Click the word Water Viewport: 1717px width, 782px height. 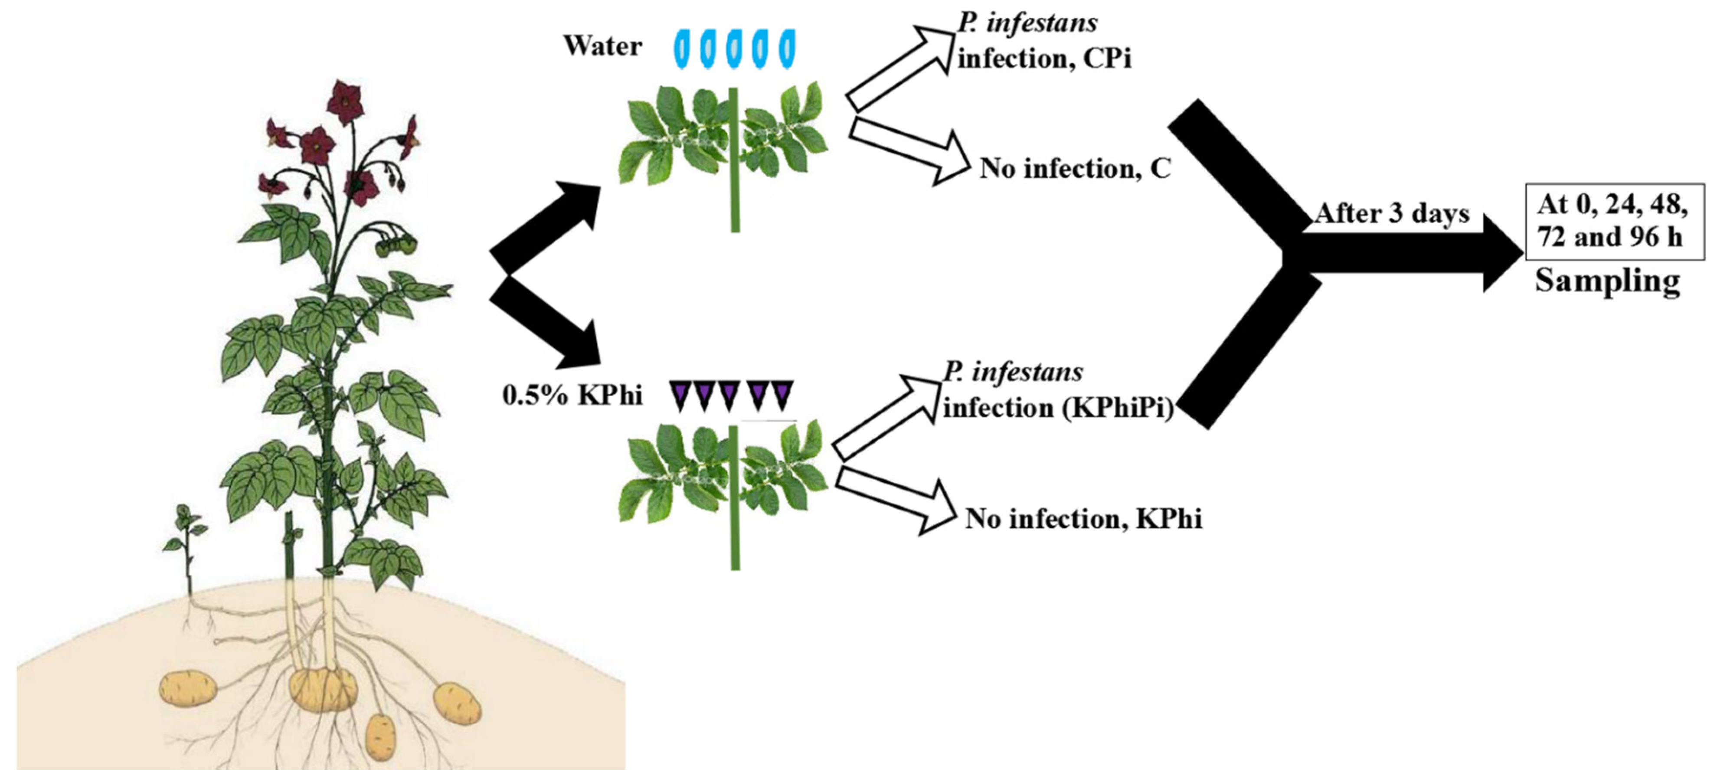pyautogui.click(x=602, y=46)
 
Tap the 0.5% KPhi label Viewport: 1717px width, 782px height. pyautogui.click(x=572, y=395)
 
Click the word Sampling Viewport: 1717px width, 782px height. pyautogui.click(x=1607, y=281)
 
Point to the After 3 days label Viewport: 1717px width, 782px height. pyautogui.click(x=1392, y=214)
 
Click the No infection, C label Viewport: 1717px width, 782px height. pyautogui.click(x=1074, y=169)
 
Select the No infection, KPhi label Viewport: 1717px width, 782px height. pyautogui.click(x=1083, y=518)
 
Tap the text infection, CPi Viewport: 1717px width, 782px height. pyautogui.click(x=1044, y=59)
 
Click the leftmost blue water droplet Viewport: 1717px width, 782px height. pyautogui.click(x=684, y=49)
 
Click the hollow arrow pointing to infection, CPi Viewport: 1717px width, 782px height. pyautogui.click(x=900, y=67)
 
